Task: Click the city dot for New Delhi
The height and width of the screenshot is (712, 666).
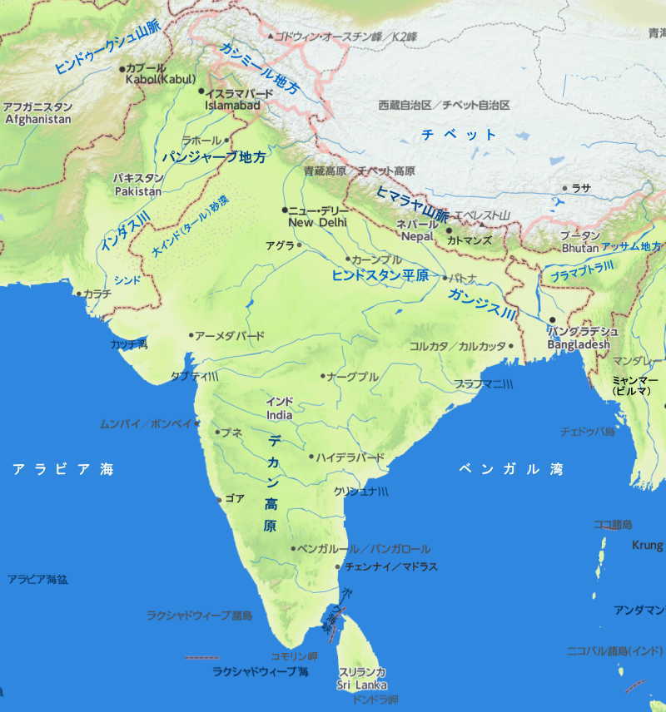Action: click(x=285, y=210)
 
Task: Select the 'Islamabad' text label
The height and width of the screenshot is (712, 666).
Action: click(x=233, y=106)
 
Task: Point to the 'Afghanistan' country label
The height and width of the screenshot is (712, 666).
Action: click(x=38, y=120)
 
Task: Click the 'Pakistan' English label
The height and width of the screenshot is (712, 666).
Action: click(x=137, y=191)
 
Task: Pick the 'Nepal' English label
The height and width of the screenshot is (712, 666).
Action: click(x=417, y=237)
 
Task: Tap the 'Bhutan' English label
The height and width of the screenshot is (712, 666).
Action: click(x=579, y=248)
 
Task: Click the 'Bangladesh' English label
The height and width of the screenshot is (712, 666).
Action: click(x=579, y=344)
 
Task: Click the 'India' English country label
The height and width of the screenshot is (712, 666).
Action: click(x=279, y=414)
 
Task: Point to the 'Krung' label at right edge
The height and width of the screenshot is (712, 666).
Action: click(x=647, y=546)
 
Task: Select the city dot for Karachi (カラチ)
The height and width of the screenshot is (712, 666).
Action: click(x=79, y=293)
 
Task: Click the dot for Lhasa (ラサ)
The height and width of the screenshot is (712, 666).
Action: click(x=565, y=188)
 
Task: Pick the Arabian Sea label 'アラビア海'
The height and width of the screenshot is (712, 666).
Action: click(x=62, y=470)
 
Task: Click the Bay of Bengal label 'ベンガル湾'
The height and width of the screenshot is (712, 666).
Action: click(x=510, y=470)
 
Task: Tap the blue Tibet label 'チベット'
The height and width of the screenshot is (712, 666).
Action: click(x=459, y=134)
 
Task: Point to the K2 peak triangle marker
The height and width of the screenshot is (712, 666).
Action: click(x=271, y=37)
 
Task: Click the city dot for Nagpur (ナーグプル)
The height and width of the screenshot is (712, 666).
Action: click(x=323, y=376)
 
